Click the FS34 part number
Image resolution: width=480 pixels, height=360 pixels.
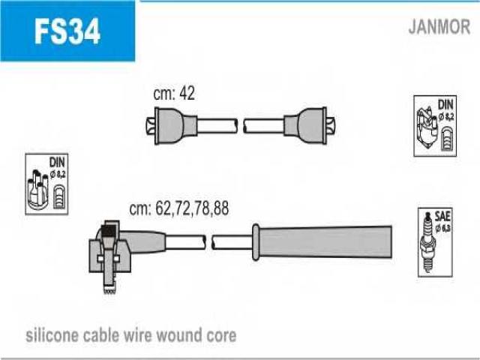click(66, 31)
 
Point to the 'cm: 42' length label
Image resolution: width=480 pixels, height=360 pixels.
click(174, 94)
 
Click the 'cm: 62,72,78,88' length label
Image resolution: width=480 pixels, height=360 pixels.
click(178, 209)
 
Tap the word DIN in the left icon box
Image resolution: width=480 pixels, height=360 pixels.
click(56, 161)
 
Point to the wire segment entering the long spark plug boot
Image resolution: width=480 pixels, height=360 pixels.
click(232, 241)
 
